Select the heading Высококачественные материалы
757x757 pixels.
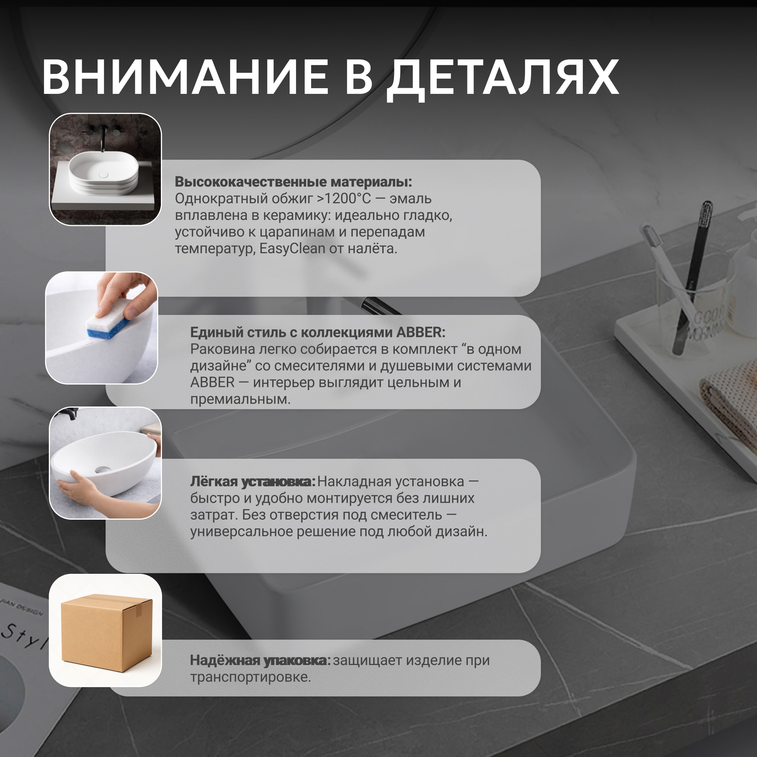(x=293, y=182)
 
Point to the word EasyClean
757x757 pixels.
(x=292, y=249)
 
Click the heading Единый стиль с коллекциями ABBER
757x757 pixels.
(x=318, y=332)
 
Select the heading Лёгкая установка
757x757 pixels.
(x=253, y=482)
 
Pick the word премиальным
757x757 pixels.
(x=241, y=400)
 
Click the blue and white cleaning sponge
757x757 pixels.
(x=108, y=319)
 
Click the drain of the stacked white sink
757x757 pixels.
(x=103, y=175)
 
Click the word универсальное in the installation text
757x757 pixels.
(x=241, y=532)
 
